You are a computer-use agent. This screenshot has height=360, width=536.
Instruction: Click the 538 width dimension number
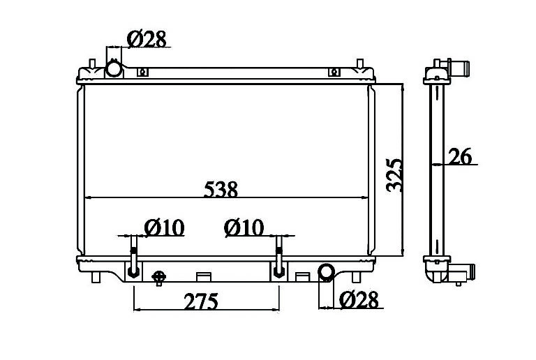pyautogui.click(x=221, y=189)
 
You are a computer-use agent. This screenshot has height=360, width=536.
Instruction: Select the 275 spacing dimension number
pyautogui.click(x=201, y=301)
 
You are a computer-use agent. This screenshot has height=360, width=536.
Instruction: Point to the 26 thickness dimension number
pyautogui.click(x=460, y=156)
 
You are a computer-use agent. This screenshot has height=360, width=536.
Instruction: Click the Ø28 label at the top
pyautogui.click(x=147, y=38)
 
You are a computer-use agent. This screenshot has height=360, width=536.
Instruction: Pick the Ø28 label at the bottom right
pyautogui.click(x=359, y=299)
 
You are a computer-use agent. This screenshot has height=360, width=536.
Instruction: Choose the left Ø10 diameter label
pyautogui.click(x=165, y=227)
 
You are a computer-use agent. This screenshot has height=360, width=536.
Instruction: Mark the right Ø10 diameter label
pyautogui.click(x=244, y=227)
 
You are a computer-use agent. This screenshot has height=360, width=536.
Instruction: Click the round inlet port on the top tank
pyautogui.click(x=113, y=68)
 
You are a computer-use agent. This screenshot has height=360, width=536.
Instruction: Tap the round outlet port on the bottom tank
pyautogui.click(x=327, y=272)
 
